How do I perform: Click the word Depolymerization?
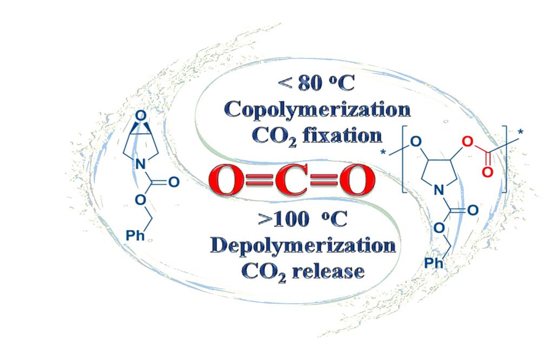point(303,245)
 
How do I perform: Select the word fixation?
point(340,135)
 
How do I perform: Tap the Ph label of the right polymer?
point(432,263)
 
